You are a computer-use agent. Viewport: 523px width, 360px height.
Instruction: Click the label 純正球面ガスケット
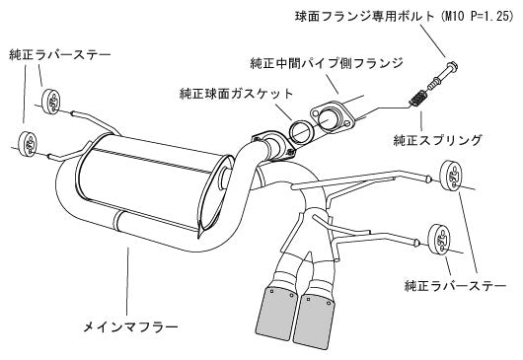[x=236, y=93]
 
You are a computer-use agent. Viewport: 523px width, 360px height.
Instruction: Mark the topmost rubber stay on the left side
[x=49, y=102]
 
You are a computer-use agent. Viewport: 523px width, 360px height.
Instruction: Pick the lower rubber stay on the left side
[x=28, y=143]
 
